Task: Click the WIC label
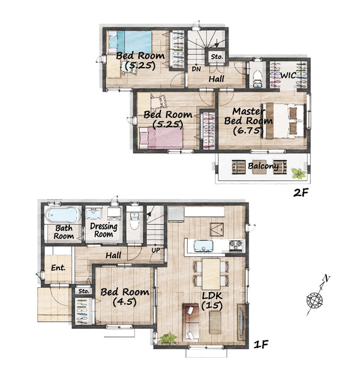pos(288,75)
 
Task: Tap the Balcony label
pos(263,166)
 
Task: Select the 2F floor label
pos(301,192)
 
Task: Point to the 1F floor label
pos(261,344)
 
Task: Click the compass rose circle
pos(314,300)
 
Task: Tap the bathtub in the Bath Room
pos(63,215)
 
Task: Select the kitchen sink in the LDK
pos(204,246)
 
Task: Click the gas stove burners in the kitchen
pos(236,246)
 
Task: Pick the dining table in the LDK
pos(211,274)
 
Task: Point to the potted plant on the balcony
pos(298,174)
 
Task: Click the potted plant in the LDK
pos(167,338)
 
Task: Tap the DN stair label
pos(197,69)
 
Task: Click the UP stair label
pos(156,250)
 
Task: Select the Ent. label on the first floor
pos(58,268)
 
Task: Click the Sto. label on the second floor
pos(217,57)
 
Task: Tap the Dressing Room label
pos(104,230)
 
